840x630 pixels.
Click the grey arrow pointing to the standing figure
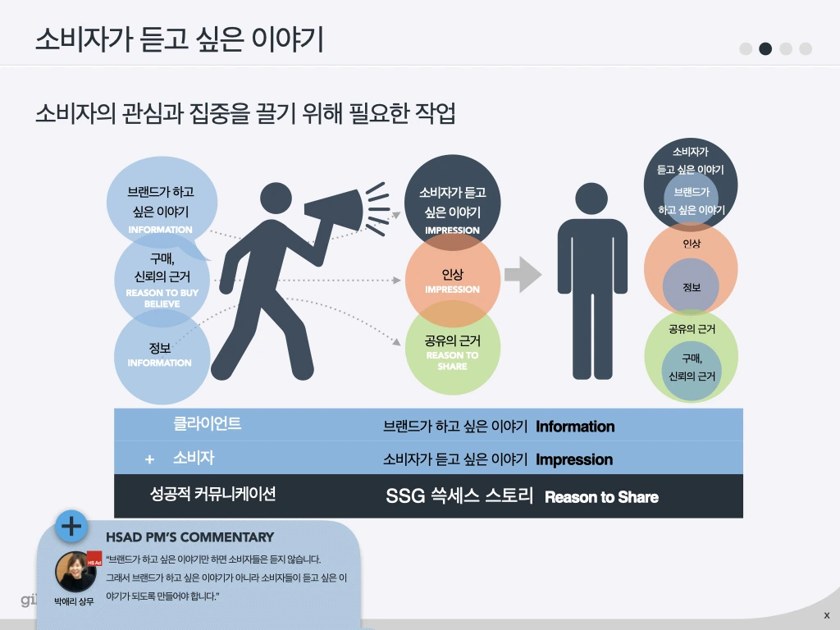[x=523, y=275]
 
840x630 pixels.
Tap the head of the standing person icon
[x=591, y=199]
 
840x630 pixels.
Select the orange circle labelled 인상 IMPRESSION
[x=452, y=279]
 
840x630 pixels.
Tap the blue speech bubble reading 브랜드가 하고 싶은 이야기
[x=161, y=197]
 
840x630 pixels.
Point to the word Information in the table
[x=575, y=427]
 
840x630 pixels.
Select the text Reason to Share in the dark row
[x=601, y=497]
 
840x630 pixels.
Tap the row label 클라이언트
[x=207, y=424]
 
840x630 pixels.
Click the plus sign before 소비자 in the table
[x=149, y=459]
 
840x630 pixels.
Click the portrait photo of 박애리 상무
[x=75, y=571]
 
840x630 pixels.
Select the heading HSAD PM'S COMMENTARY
[x=189, y=537]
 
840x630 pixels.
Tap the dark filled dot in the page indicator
[x=765, y=48]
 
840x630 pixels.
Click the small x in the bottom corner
[x=826, y=614]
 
